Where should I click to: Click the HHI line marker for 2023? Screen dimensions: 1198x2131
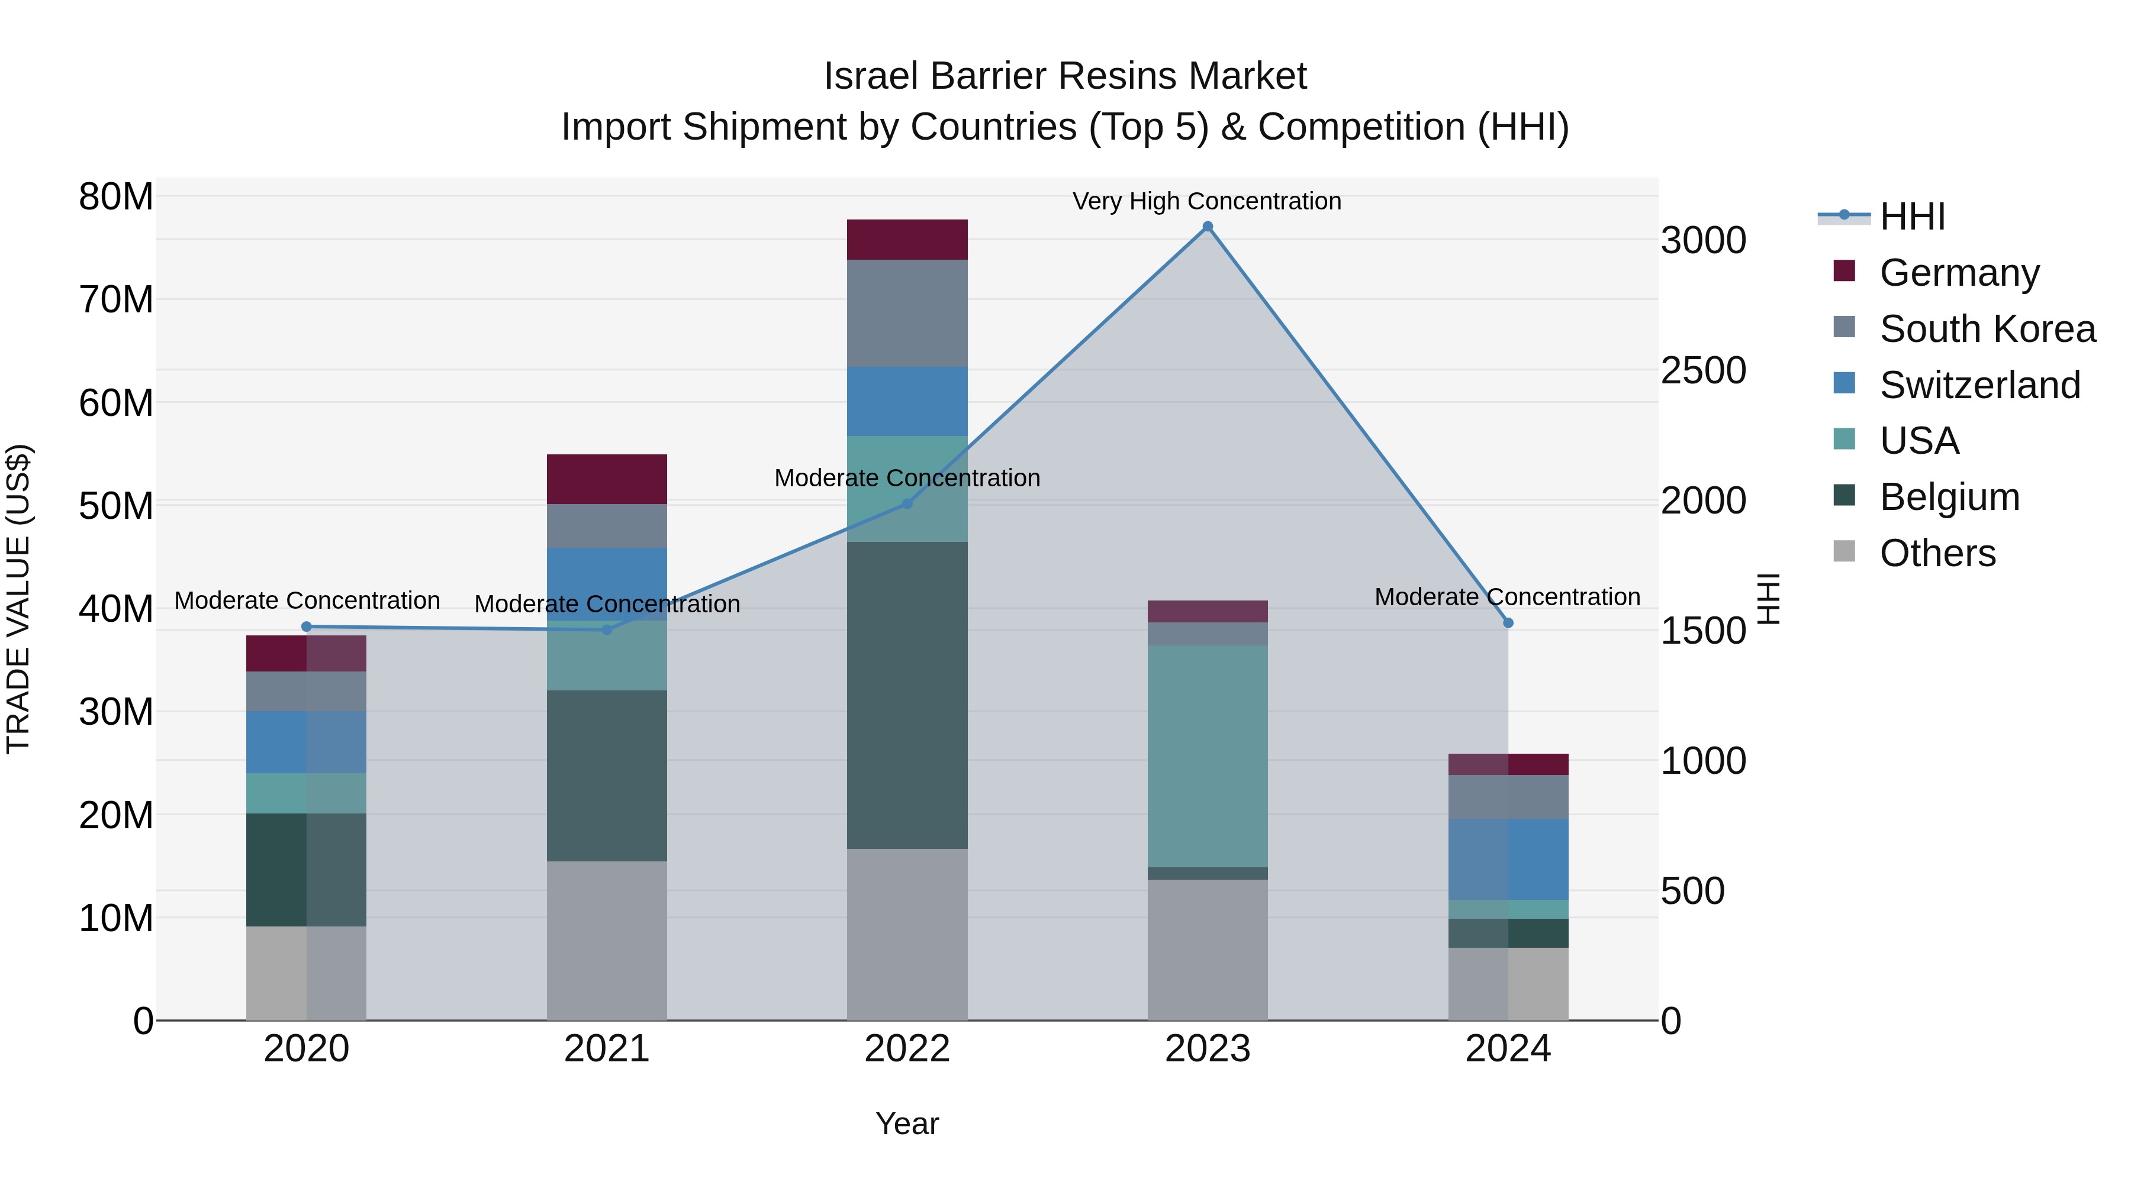(1208, 227)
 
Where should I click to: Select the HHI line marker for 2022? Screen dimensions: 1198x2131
(907, 503)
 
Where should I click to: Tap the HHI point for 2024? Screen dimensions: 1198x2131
(1508, 622)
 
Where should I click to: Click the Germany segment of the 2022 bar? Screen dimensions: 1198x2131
(907, 240)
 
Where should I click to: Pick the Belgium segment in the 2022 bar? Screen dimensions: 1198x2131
(907, 695)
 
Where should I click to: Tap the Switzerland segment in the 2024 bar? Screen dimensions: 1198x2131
(1508, 858)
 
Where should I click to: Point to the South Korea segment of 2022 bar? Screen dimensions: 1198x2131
(907, 314)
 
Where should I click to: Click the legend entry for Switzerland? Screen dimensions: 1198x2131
(1979, 385)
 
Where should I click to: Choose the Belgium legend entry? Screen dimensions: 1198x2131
(1949, 497)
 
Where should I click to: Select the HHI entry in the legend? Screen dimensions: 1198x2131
(1912, 217)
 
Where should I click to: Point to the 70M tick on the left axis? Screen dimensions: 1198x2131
(116, 300)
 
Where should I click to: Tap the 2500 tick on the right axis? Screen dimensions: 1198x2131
(1703, 370)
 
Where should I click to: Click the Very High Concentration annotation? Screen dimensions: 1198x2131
(1207, 201)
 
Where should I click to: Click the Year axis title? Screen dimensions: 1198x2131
(907, 1123)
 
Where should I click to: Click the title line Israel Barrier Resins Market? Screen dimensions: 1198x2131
(1065, 76)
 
